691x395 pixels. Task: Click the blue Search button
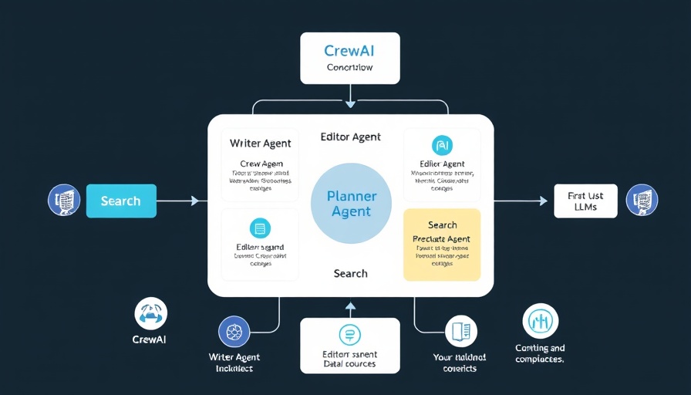121,201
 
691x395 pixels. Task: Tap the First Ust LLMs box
585,201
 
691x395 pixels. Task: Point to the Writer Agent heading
261,143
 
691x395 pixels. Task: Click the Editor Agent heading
350,137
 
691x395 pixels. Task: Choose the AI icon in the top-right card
442,144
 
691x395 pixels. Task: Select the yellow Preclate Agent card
442,244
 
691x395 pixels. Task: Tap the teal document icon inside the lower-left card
260,228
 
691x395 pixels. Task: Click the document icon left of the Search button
65,200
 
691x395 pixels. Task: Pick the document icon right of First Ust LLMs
642,200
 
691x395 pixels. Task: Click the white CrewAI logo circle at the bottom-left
150,313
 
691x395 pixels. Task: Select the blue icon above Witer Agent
234,332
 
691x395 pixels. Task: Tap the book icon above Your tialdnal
460,332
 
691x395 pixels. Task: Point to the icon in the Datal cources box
349,334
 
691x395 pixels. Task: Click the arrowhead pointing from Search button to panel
194,201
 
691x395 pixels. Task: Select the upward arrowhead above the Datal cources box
350,306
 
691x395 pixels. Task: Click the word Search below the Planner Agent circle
350,273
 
